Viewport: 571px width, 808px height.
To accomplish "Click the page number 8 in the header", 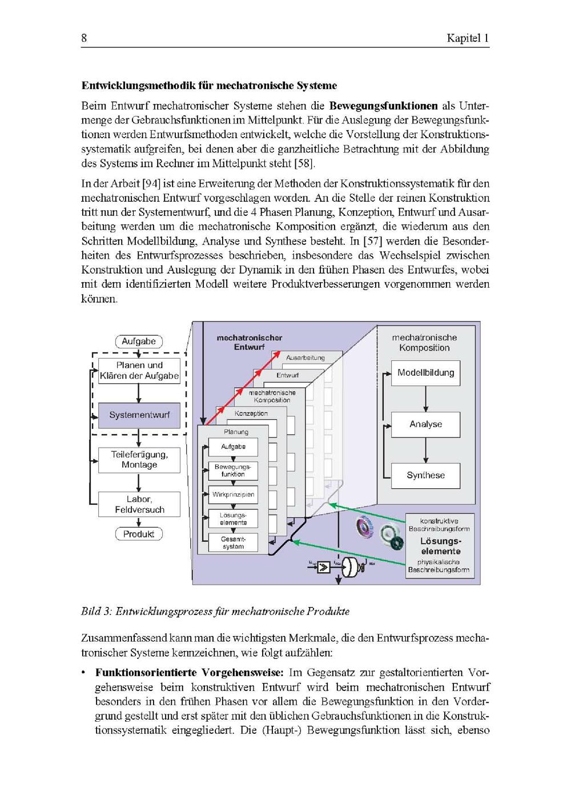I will pos(84,38).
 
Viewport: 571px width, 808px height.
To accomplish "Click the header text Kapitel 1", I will pos(468,38).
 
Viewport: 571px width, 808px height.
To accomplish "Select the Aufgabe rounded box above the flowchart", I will pos(139,341).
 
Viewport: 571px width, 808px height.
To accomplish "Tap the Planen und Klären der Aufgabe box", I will pos(139,371).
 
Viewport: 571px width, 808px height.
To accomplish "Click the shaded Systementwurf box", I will pos(139,415).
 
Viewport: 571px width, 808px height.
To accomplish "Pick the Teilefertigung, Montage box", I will pos(139,460).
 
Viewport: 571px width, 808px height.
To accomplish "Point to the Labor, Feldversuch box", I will pos(139,504).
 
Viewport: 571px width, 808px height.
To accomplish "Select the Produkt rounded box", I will pos(139,534).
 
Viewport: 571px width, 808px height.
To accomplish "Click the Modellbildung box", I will pos(425,373).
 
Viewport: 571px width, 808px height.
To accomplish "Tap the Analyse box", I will pos(425,424).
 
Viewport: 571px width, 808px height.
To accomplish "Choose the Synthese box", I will pos(425,475).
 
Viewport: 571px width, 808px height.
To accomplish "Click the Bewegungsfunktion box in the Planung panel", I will pos(233,471).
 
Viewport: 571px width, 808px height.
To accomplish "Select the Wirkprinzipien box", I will pos(233,495).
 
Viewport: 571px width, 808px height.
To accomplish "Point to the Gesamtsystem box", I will pos(233,542).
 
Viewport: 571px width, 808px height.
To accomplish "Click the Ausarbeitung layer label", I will pos(305,358).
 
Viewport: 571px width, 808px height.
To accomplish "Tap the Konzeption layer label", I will pos(251,413).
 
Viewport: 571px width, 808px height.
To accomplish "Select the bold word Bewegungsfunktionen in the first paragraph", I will pos(383,106).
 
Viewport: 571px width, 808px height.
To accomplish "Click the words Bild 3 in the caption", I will pos(95,612).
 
